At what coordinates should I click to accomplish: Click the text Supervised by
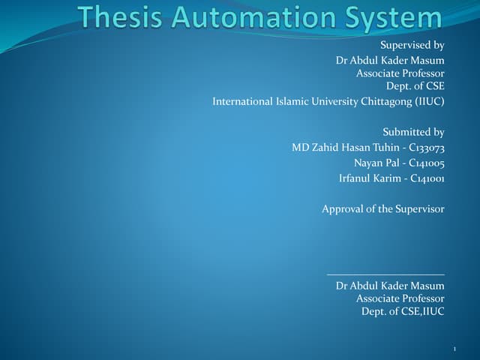click(412, 45)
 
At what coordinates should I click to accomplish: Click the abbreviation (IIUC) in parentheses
click(427, 101)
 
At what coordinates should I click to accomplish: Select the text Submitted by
click(413, 132)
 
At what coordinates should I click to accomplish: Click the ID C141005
click(427, 163)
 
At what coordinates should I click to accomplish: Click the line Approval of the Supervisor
click(383, 209)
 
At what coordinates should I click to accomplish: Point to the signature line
click(385, 274)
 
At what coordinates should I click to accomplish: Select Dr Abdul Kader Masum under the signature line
click(390, 286)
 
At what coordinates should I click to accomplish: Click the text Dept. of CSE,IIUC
click(403, 310)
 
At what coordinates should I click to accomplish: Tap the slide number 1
click(455, 349)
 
